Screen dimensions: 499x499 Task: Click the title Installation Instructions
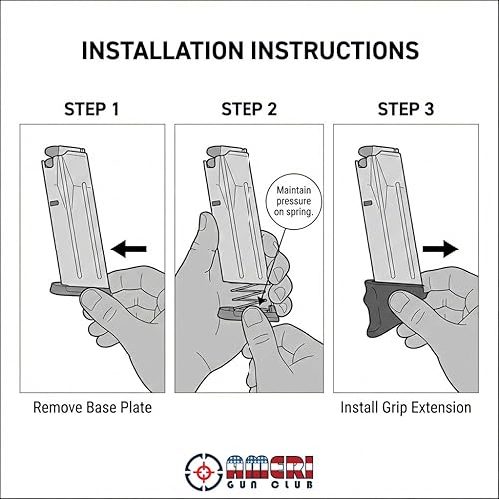click(x=249, y=49)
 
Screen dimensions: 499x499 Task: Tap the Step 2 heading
click(x=249, y=107)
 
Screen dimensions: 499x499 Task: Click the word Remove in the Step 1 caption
click(x=57, y=407)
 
